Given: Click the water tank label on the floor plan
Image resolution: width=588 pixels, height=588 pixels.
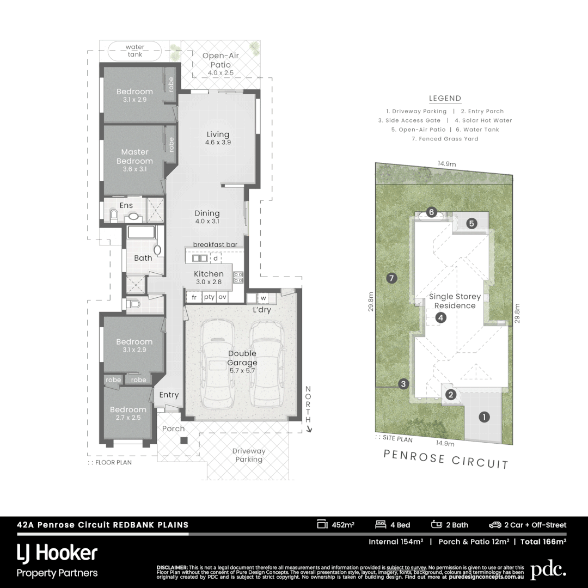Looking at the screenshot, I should click(134, 51).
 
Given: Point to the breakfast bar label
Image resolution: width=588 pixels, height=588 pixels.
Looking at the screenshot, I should click(215, 245).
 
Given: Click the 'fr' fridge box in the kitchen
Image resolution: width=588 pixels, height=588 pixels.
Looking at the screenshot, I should click(194, 297).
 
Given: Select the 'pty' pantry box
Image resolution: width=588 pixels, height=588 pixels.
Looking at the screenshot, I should click(209, 297).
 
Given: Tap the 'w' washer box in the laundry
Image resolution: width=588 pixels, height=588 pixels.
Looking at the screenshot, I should click(263, 298).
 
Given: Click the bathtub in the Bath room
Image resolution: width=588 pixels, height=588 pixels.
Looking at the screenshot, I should click(142, 234).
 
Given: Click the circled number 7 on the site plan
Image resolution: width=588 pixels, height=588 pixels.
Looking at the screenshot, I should click(390, 278).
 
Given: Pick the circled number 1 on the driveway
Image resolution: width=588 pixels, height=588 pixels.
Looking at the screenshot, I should click(483, 418).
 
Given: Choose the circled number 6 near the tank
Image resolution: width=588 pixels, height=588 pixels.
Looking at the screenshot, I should click(431, 212).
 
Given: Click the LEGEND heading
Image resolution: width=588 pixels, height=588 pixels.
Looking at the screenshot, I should click(445, 99).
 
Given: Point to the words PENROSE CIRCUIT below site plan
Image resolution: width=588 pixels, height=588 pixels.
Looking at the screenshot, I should click(446, 459).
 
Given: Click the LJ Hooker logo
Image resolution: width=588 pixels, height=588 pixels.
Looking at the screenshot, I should click(57, 554).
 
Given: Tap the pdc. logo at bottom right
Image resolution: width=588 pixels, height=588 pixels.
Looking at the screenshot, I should click(548, 569).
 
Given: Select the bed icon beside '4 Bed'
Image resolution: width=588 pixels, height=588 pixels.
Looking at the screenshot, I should click(381, 525).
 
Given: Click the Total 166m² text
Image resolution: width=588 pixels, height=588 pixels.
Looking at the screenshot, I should click(543, 542).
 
